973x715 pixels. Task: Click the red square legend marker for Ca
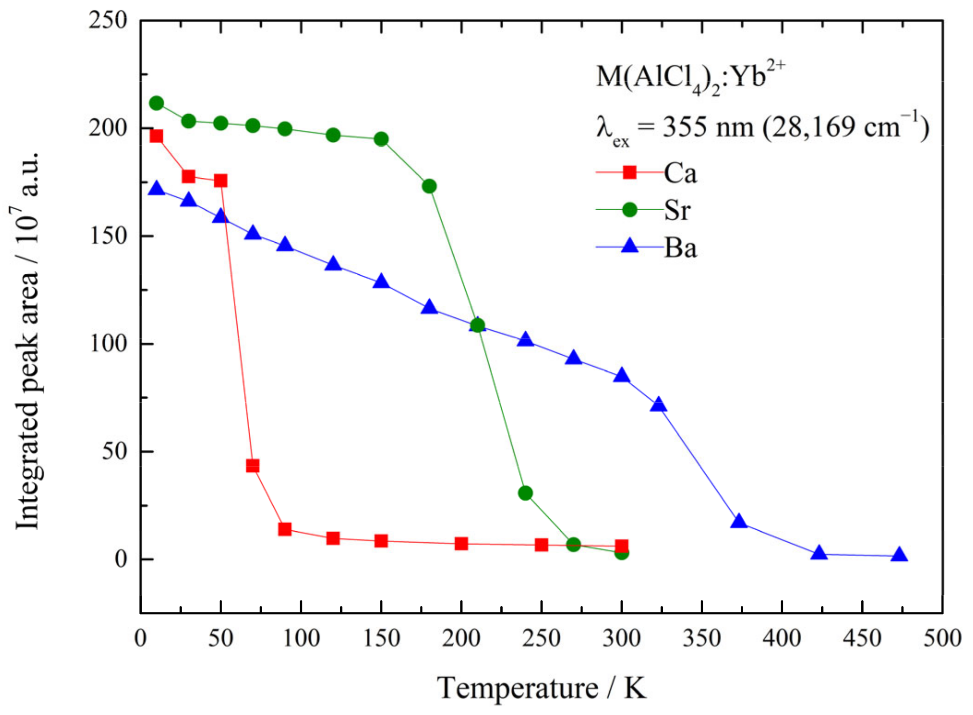[x=629, y=172]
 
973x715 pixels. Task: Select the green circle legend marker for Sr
[x=629, y=210]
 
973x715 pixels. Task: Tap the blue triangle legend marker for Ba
[x=629, y=246]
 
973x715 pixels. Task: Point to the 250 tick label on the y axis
[x=108, y=21]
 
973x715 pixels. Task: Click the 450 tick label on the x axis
[x=861, y=638]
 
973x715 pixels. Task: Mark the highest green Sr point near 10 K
[x=156, y=103]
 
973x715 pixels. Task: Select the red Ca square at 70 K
[x=252, y=466]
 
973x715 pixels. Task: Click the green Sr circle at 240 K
[x=525, y=493]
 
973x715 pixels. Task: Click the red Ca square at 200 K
[x=461, y=544]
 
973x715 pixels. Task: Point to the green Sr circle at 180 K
[x=429, y=186]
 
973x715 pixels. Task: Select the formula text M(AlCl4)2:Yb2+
[x=690, y=78]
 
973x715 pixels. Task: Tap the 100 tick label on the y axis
[x=108, y=344]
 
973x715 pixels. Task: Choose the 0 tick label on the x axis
[x=140, y=638]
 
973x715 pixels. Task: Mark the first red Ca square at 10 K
[x=156, y=136]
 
